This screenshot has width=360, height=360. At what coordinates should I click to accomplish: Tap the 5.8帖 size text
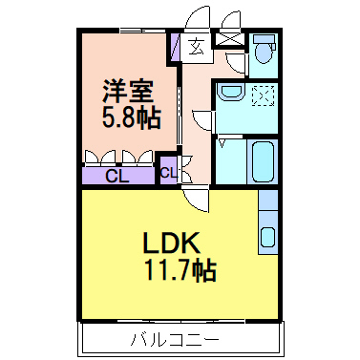[130, 118]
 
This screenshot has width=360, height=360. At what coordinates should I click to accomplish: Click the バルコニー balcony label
[175, 338]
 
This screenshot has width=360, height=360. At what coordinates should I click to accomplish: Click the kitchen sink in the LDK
[268, 238]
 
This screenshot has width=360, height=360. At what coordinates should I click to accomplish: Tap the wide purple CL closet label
[116, 176]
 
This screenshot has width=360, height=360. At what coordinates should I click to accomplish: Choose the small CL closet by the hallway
[168, 173]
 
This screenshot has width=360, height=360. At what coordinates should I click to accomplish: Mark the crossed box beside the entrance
[229, 40]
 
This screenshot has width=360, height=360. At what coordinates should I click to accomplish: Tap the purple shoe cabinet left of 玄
[176, 47]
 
